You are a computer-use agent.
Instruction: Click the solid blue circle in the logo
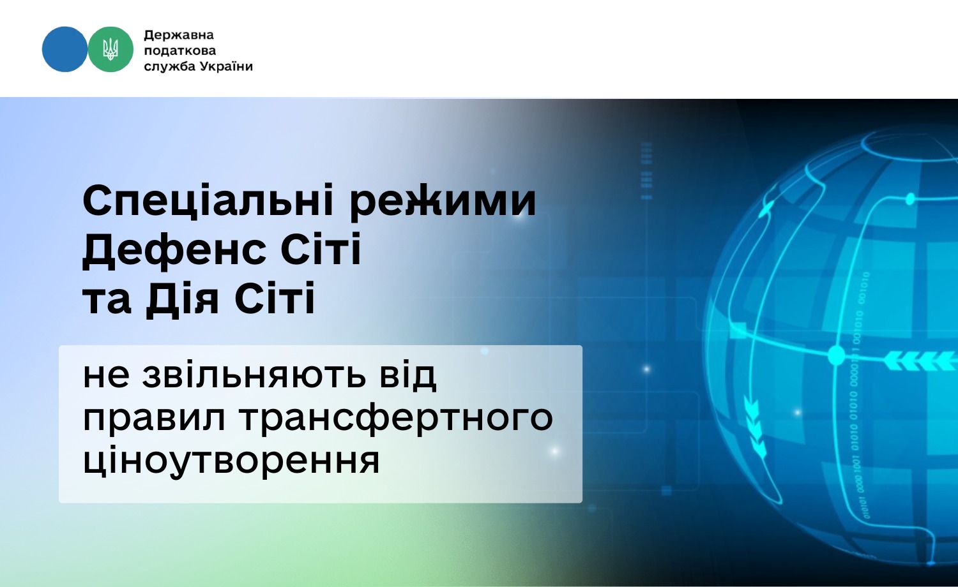(x=65, y=49)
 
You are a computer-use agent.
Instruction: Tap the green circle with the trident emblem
(x=110, y=49)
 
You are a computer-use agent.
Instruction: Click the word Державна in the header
(x=179, y=35)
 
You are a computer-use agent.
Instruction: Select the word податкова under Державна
(x=180, y=50)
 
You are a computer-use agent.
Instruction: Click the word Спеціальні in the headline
(x=208, y=201)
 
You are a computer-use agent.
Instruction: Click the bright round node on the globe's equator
(x=836, y=355)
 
